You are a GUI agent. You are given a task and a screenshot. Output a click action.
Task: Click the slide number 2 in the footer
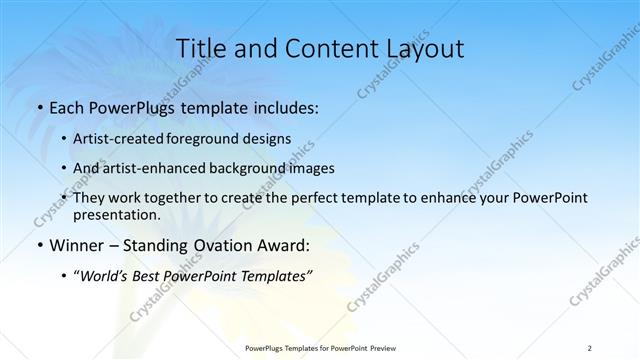point(590,348)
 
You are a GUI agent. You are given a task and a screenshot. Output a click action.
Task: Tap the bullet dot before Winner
point(39,244)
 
